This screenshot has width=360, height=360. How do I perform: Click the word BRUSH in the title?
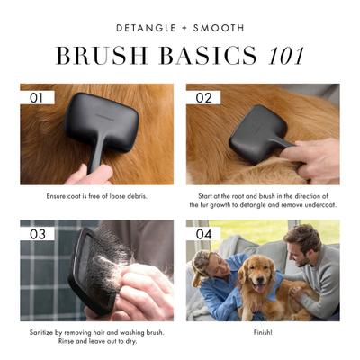pos(99,57)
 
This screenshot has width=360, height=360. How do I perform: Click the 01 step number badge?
pos(37,96)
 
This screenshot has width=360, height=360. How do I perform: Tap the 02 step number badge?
pos(203,96)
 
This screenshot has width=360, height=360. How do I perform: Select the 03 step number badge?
pos(37,233)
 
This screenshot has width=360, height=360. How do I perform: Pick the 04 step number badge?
pos(203,233)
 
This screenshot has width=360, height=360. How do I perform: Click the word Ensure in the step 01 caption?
pos(58,194)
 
